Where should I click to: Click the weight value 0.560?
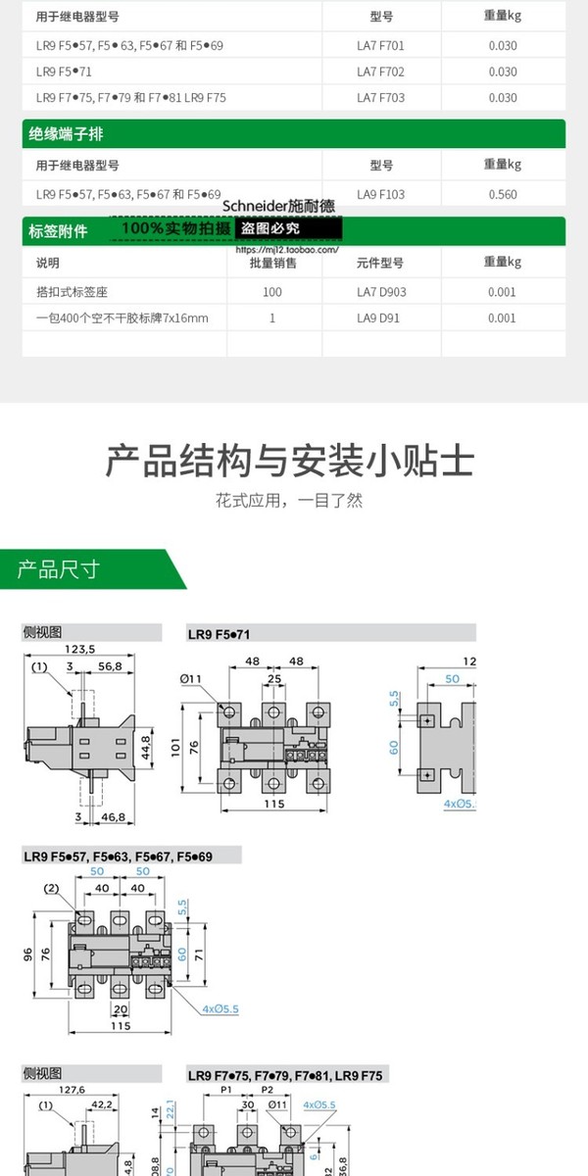[502, 194]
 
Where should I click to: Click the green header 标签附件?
[59, 232]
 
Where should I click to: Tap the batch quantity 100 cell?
[272, 292]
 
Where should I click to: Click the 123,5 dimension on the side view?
[79, 649]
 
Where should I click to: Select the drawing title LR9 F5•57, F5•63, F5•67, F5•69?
[118, 857]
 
